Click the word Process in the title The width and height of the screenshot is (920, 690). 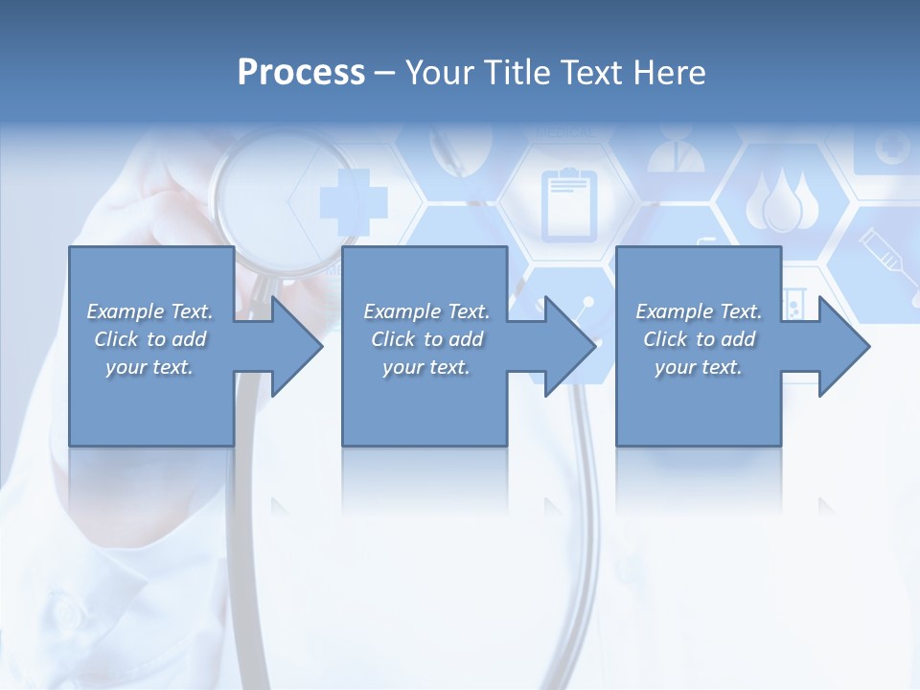click(301, 73)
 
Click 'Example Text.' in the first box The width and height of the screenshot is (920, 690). click(149, 311)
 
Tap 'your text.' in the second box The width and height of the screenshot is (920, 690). click(425, 367)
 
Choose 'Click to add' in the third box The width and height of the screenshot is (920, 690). click(699, 339)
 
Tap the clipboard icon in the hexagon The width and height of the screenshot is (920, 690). click(568, 203)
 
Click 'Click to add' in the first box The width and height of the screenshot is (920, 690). click(149, 339)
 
